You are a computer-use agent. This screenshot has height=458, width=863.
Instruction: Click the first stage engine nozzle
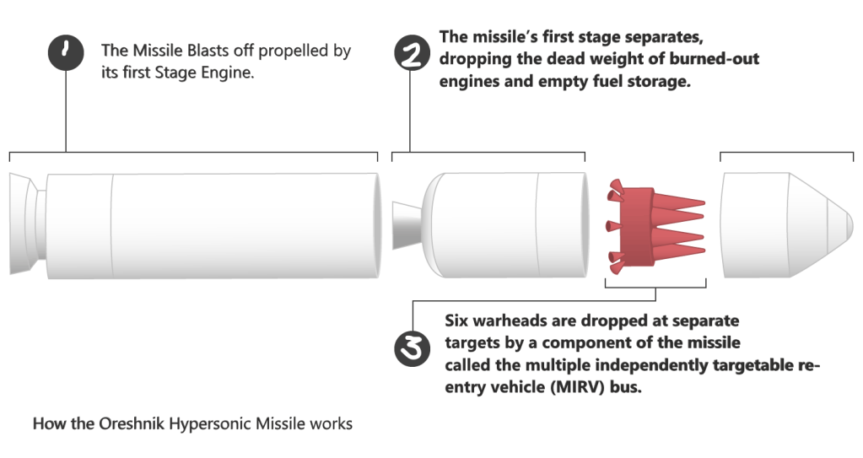(22, 224)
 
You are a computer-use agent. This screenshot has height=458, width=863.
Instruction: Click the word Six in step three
(457, 322)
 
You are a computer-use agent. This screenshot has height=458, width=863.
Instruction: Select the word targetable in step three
(755, 365)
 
